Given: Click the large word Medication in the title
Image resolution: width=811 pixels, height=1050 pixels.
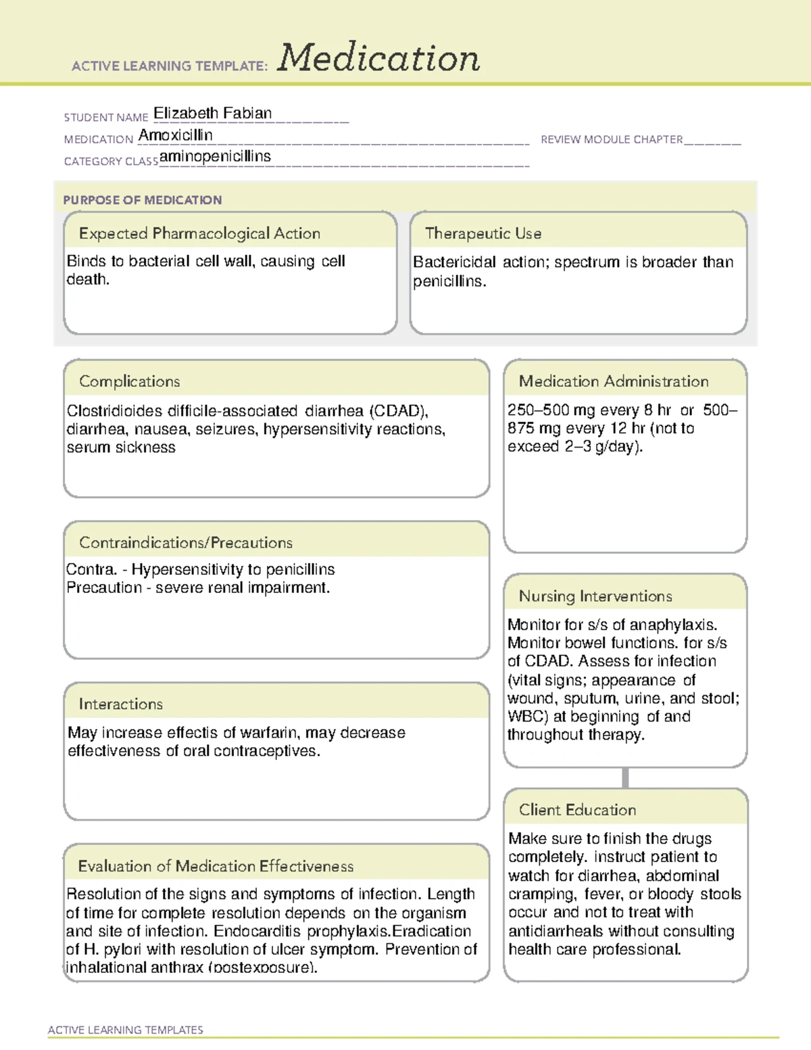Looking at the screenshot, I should pos(378,58).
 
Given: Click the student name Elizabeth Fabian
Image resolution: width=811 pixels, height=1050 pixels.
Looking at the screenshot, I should pos(212,114).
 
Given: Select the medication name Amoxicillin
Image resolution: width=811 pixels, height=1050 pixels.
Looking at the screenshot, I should pos(176,135).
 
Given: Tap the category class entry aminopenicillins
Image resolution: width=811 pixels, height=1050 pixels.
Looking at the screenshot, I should pos(215,157).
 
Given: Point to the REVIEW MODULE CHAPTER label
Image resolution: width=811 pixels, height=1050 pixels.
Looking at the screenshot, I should pos(612,139).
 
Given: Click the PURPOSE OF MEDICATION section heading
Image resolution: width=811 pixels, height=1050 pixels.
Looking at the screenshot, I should pos(143,200).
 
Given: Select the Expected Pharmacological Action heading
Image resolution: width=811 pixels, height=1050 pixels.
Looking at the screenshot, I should pos(199,233).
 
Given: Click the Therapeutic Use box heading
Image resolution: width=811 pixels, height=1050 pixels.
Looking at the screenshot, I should pos(483,233).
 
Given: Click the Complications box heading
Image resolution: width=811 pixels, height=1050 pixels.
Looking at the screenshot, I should pos(130,381).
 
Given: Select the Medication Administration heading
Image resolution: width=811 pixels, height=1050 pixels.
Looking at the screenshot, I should pos(614,381).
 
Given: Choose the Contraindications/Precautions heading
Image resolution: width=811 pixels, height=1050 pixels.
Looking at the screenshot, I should pos(186,543).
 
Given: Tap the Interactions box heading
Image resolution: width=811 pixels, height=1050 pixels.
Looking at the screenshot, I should pos(121,705).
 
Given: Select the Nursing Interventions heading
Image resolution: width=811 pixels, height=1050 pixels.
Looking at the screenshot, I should pos(595,596).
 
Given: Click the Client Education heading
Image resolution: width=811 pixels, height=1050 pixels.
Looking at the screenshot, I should pos(578,810).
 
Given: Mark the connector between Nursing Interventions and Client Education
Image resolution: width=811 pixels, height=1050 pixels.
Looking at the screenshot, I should pos(625,778).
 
